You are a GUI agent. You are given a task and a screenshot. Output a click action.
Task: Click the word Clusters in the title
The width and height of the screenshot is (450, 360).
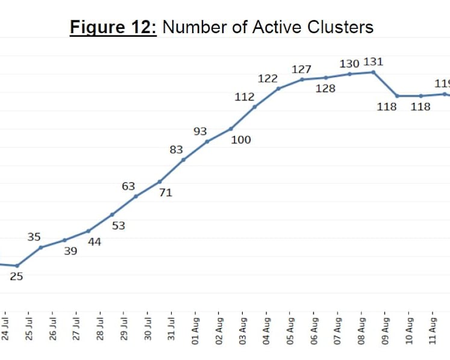[340, 27]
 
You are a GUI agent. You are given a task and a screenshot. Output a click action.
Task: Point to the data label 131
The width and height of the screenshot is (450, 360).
[373, 62]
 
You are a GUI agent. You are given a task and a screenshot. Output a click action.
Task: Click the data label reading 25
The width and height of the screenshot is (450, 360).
[16, 276]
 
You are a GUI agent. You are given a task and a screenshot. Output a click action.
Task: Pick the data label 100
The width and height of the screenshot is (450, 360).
[241, 140]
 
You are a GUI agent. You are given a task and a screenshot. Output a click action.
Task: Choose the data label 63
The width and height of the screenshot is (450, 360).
[128, 186]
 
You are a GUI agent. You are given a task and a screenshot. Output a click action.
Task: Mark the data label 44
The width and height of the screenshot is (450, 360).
[95, 242]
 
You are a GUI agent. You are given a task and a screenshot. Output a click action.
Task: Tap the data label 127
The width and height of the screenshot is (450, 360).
[301, 69]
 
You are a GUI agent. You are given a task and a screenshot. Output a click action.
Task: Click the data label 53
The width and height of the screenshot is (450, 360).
[119, 226]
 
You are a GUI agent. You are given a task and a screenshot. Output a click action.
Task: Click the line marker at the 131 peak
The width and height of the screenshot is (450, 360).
[373, 72]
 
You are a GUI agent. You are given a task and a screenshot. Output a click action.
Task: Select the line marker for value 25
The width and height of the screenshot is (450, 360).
[17, 266]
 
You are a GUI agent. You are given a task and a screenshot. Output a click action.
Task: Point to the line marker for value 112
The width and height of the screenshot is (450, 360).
[255, 107]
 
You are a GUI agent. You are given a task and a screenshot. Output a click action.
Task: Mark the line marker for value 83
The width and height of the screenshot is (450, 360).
[183, 160]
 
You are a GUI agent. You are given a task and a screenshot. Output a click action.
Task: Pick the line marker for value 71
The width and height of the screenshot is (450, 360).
[160, 182]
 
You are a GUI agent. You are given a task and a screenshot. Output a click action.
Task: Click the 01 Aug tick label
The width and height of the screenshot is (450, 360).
[195, 331]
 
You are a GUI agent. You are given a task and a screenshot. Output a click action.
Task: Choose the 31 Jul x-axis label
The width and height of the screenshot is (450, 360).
[171, 329]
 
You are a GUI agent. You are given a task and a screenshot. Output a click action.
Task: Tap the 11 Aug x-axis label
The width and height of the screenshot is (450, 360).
[433, 331]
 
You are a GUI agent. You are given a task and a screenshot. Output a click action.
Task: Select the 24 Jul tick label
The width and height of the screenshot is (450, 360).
[5, 329]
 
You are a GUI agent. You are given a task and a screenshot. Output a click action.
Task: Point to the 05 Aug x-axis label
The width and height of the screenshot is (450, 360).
[290, 331]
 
